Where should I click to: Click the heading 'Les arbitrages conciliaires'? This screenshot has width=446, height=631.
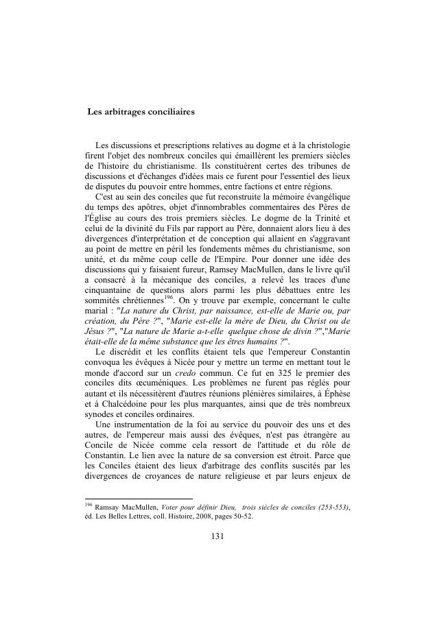tap(141, 111)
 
